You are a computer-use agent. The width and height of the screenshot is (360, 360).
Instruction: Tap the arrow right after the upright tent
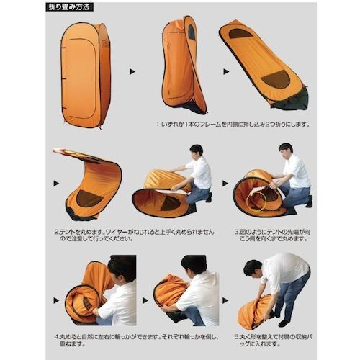(x=132, y=72)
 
